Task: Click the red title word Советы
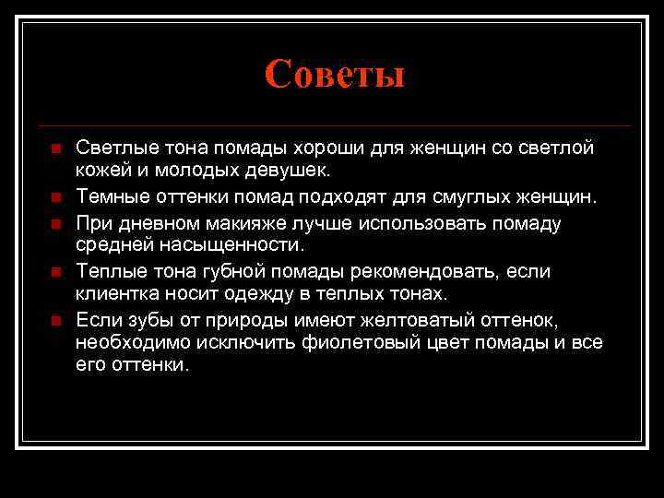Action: pos(334,74)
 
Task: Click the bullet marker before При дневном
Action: pos(54,222)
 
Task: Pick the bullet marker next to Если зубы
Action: pos(54,319)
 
